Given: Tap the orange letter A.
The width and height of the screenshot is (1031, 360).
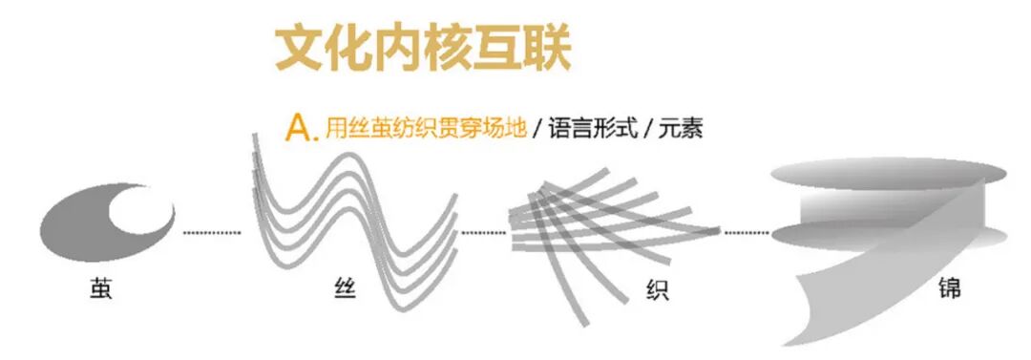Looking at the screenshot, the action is [x=300, y=129].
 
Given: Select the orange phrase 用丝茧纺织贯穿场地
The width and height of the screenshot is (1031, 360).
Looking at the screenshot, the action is [x=425, y=129].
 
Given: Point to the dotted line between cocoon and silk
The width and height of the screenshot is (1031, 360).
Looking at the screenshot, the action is [x=212, y=232].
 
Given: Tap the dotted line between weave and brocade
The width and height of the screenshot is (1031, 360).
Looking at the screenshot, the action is [x=747, y=232].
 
